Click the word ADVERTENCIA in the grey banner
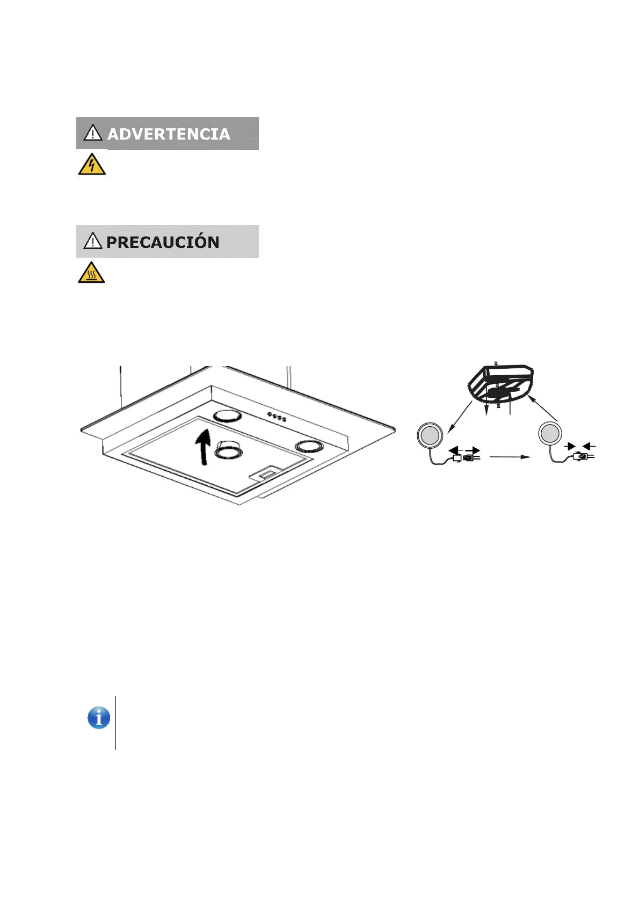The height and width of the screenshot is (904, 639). [169, 134]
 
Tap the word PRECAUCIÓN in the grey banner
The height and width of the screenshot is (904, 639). [163, 242]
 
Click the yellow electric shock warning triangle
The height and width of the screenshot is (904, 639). [92, 165]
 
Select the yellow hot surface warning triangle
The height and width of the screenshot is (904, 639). [92, 273]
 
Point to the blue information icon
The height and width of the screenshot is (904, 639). [99, 718]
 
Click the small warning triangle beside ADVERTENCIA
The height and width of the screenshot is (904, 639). [93, 133]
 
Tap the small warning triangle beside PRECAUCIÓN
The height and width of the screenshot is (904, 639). [93, 241]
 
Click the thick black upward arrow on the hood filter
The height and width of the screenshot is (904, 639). [203, 447]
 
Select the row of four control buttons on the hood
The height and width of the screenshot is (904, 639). [277, 416]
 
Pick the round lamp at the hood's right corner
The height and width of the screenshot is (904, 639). [308, 446]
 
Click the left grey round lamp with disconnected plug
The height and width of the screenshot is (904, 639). [430, 435]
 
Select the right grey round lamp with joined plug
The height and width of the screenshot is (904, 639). [550, 434]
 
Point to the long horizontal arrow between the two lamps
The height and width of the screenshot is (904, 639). [510, 457]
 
